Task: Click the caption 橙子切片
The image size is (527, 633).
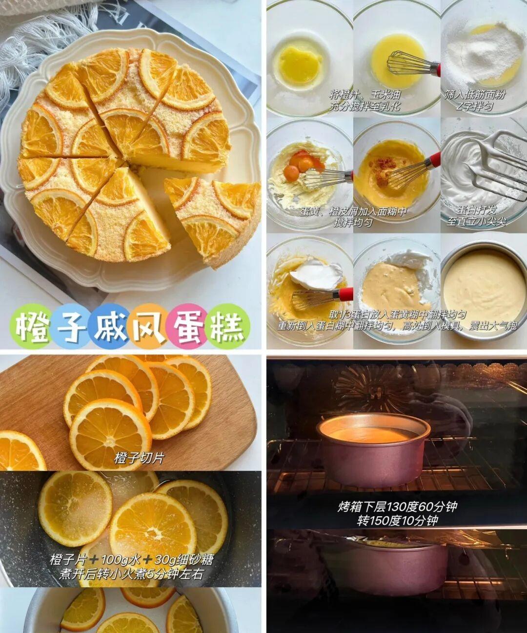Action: [x=139, y=458]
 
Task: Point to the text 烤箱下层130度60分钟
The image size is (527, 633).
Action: [x=397, y=506]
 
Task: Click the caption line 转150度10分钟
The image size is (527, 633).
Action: [x=397, y=521]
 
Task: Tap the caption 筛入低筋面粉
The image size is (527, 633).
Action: [x=475, y=95]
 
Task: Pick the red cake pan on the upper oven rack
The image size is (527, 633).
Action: [x=373, y=447]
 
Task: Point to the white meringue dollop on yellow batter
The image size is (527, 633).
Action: [x=316, y=275]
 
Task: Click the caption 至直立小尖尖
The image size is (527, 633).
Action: [x=476, y=222]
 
